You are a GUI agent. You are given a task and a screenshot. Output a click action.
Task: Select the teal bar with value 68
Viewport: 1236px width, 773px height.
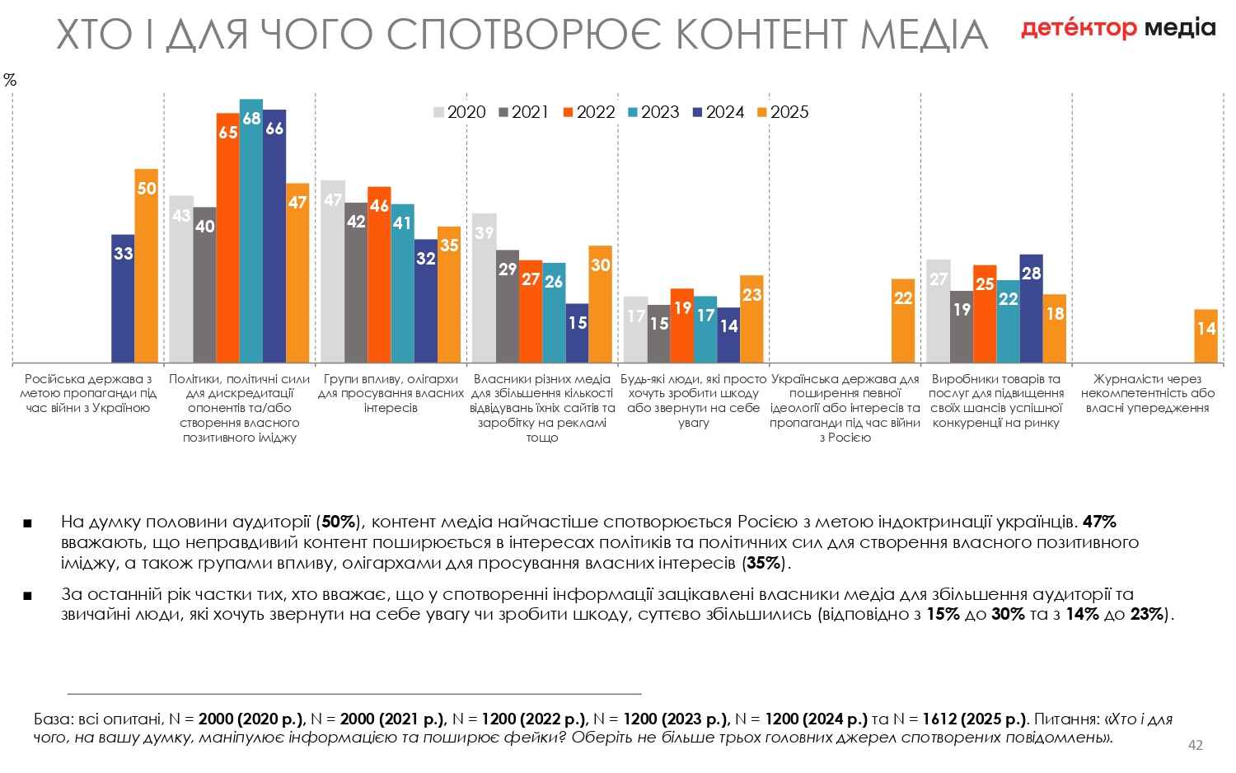coord(251,231)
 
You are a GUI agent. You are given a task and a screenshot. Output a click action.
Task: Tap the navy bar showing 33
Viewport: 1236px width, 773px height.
coord(124,298)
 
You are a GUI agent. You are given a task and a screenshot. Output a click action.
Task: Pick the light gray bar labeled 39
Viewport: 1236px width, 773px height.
coord(485,288)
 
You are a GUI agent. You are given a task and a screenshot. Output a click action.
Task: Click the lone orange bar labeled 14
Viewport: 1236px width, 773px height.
coord(1206,335)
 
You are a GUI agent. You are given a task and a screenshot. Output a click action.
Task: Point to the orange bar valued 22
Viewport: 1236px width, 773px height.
coord(903,321)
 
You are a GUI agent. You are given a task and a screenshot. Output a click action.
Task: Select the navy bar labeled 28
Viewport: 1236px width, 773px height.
coord(1031,308)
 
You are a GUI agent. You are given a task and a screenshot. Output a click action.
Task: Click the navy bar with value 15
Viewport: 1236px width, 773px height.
coord(578,333)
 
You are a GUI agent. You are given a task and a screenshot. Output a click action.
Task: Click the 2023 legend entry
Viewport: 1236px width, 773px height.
coord(653,112)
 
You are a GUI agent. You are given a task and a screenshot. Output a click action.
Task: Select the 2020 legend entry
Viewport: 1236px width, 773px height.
coord(460,112)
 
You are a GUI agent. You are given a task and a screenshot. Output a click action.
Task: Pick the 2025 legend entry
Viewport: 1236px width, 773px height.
coord(783,112)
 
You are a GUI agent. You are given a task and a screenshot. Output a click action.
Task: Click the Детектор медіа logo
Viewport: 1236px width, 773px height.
coord(1118,29)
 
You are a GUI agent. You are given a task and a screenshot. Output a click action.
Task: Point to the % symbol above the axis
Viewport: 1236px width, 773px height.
coord(10,80)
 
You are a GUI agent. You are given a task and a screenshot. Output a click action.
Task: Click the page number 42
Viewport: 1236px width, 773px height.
coord(1195,746)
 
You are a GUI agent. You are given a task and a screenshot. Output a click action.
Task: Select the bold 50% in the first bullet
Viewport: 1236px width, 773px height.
coord(338,522)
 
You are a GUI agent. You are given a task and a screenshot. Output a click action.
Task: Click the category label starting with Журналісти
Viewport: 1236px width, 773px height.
coord(1147,393)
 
